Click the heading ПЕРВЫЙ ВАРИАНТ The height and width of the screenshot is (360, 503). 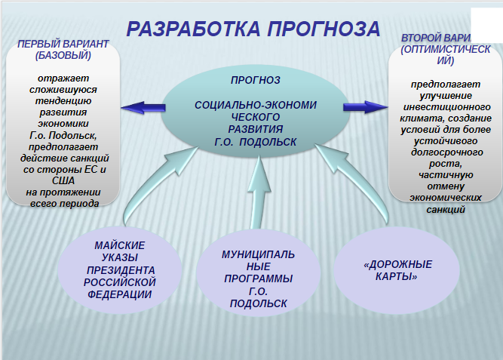click(x=63, y=44)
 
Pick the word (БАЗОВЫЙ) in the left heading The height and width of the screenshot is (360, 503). click(x=63, y=55)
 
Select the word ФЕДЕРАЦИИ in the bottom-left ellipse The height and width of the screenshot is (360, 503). click(x=120, y=294)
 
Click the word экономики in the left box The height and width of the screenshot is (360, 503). click(x=66, y=122)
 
